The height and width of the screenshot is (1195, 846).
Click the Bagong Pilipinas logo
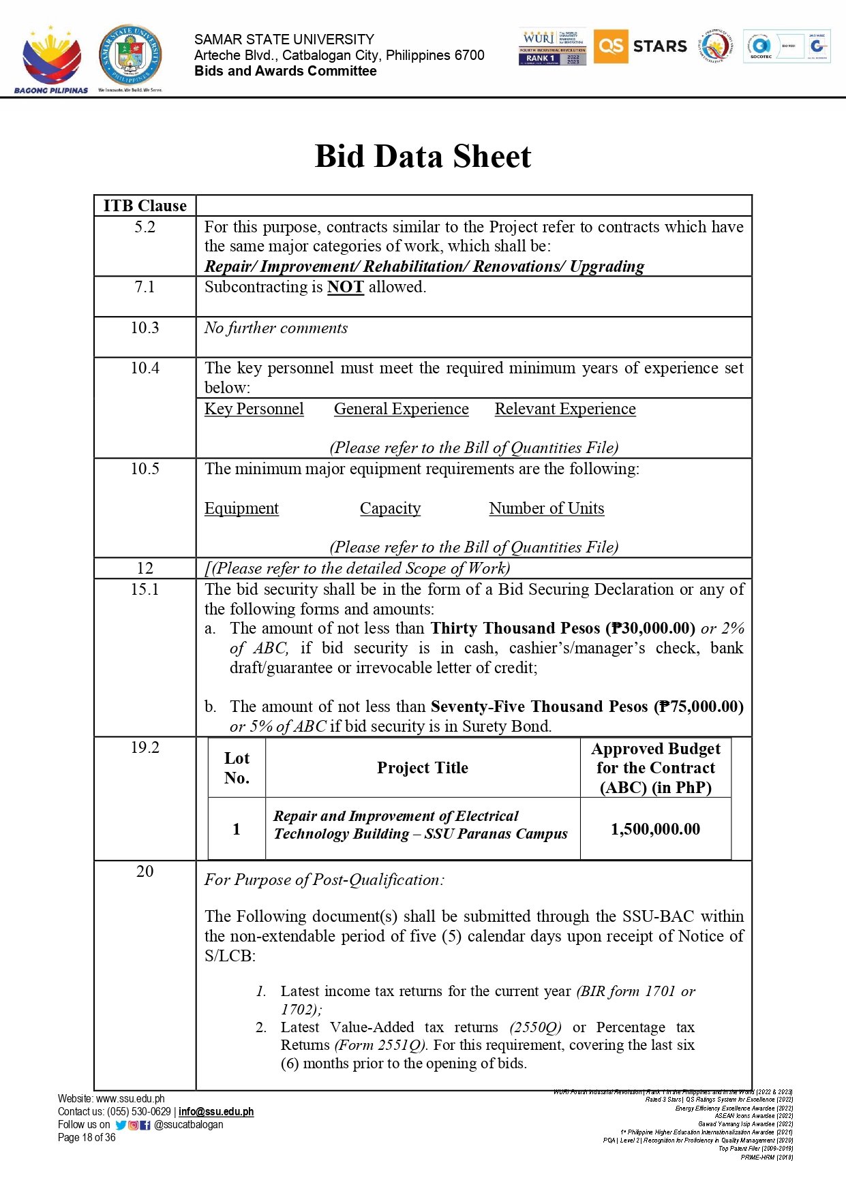pos(51,60)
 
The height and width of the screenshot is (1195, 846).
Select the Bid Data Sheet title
pos(423,157)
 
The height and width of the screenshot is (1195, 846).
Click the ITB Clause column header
pos(145,206)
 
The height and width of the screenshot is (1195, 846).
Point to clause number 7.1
pos(145,287)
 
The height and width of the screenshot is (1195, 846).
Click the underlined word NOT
pos(345,288)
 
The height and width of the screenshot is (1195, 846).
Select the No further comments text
pos(276,328)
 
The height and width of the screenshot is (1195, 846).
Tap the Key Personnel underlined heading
pos(254,409)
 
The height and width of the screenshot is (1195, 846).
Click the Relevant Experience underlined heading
pos(565,409)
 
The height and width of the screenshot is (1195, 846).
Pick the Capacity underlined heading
pos(390,508)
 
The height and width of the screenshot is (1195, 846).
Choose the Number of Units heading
pos(546,508)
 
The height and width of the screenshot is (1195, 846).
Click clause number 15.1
pos(145,589)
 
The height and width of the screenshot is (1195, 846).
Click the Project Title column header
pos(423,768)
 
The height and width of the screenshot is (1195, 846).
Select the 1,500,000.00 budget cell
pos(655,829)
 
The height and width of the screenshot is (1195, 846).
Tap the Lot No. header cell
pos(237,768)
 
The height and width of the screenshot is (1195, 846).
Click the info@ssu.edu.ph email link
pos(216,1111)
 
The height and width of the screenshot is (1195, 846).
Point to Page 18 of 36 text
pos(87,1137)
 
